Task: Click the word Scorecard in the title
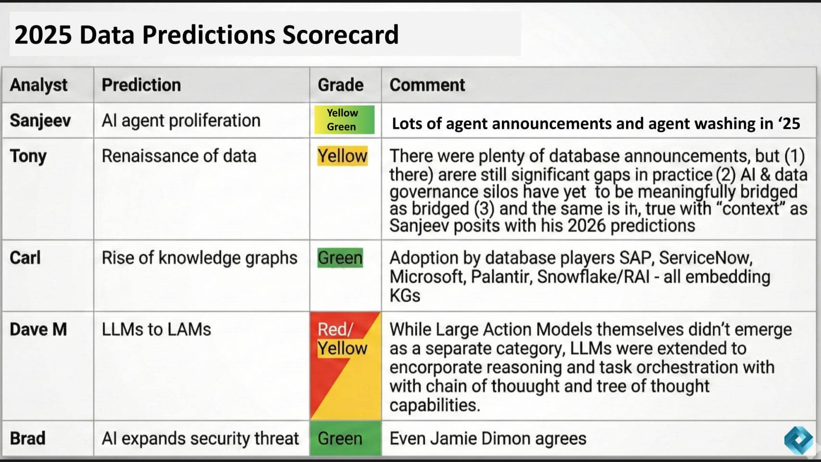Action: (340, 35)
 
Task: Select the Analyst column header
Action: (38, 85)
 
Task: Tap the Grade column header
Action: (340, 85)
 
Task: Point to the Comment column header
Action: (427, 85)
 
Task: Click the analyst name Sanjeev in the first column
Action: (40, 120)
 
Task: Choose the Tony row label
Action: (28, 156)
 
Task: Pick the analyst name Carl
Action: (25, 258)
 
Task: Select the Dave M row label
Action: (38, 330)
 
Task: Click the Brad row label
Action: (27, 438)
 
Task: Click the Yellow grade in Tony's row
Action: (342, 156)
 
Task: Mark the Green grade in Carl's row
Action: (340, 258)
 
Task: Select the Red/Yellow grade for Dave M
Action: (342, 339)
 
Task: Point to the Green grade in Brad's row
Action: (340, 438)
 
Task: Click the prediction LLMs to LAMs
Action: (156, 330)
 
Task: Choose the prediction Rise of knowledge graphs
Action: (199, 258)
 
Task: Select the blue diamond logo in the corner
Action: (799, 439)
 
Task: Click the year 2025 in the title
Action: (43, 35)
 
